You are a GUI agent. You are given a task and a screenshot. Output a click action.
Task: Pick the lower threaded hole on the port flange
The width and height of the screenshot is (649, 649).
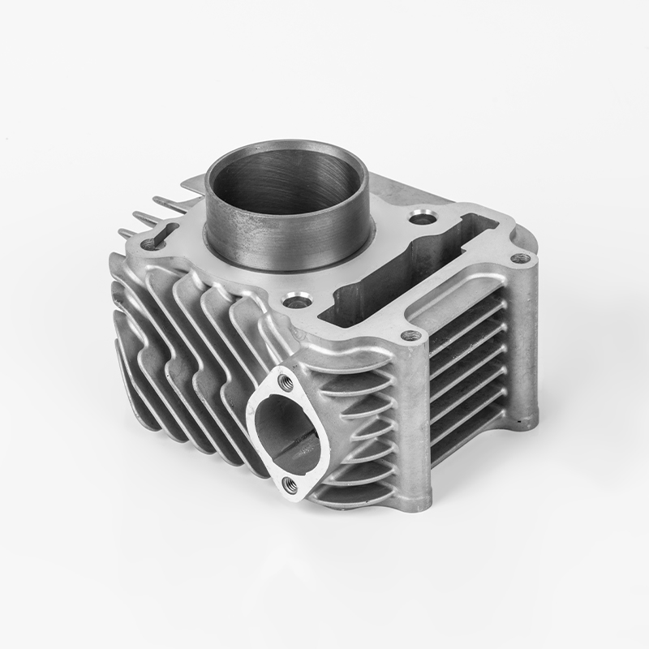click(289, 485)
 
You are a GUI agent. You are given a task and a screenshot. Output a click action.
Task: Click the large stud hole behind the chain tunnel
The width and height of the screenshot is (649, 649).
click(419, 217)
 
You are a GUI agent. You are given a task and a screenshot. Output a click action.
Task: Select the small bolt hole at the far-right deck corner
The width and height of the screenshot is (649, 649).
click(520, 259)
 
